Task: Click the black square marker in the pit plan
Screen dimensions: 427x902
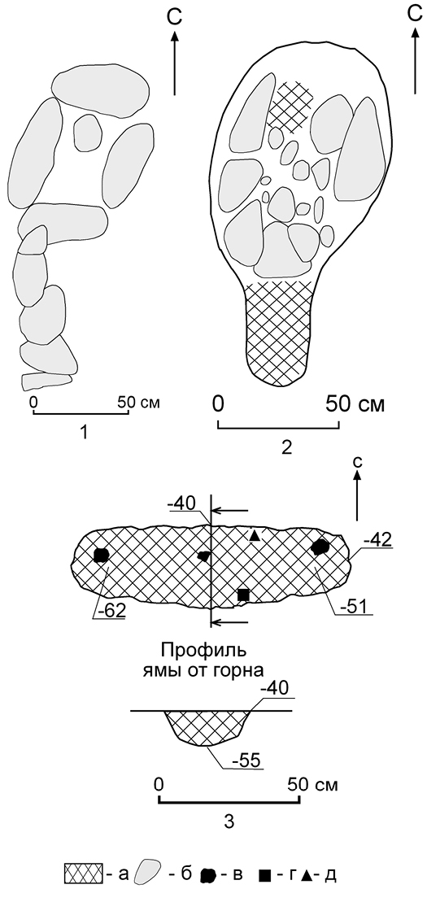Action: pyautogui.click(x=243, y=595)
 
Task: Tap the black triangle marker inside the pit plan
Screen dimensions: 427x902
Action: pyautogui.click(x=255, y=536)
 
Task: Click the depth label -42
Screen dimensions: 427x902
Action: pyautogui.click(x=378, y=540)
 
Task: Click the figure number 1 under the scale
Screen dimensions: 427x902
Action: pyautogui.click(x=84, y=433)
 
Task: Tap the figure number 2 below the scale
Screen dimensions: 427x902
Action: pyautogui.click(x=286, y=448)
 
